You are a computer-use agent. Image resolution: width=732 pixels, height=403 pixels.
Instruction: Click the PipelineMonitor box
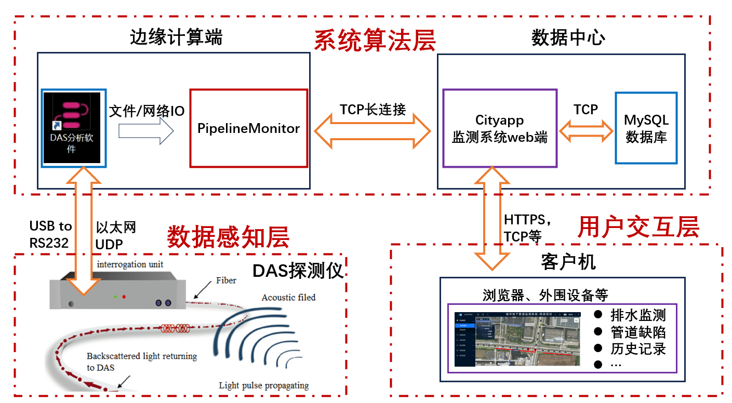(x=248, y=128)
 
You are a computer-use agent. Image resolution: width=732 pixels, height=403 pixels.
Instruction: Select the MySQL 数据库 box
(x=646, y=128)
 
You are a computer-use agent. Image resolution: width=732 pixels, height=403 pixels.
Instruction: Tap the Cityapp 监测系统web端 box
(x=499, y=128)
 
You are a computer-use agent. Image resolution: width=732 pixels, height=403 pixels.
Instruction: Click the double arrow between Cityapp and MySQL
(x=586, y=130)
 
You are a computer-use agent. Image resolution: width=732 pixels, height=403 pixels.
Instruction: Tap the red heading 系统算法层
(x=375, y=41)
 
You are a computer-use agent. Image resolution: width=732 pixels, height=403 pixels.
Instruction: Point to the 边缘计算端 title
(x=176, y=38)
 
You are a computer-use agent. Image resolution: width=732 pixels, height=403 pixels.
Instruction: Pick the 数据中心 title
(x=568, y=38)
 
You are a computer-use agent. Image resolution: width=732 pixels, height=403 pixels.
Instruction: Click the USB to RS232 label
(x=50, y=234)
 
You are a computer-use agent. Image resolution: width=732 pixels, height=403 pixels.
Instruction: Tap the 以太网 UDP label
(x=116, y=234)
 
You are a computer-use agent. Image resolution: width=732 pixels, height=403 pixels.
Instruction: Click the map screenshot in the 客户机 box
(x=517, y=339)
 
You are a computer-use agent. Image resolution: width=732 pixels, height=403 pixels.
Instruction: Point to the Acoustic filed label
(x=288, y=298)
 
